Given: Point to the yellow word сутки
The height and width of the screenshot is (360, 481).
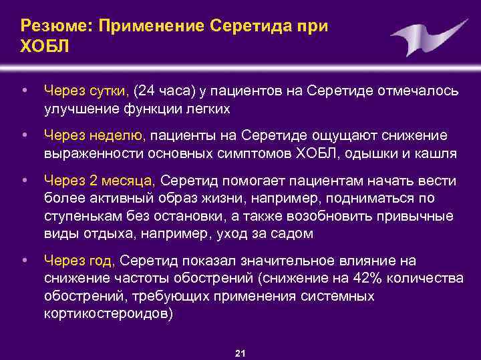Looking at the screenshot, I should tap(110, 90).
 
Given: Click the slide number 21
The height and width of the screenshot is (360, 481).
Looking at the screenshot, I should tap(240, 353).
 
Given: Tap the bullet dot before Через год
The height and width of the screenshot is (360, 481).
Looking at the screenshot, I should tap(24, 259).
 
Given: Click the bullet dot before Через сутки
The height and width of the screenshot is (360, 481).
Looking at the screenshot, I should tap(24, 89).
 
